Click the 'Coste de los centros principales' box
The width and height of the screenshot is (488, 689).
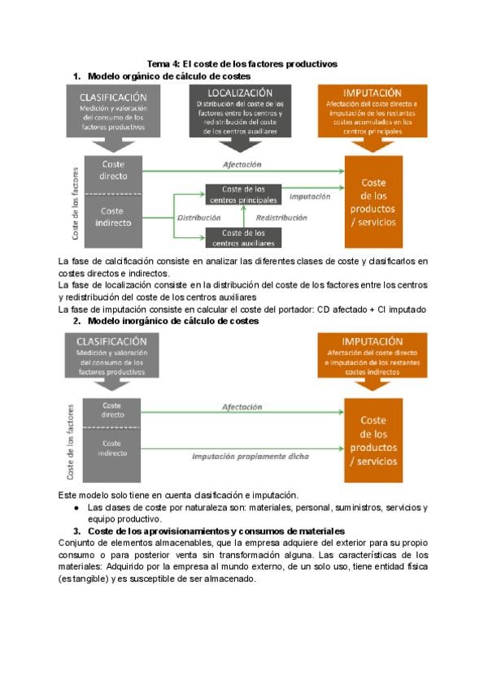point(243,194)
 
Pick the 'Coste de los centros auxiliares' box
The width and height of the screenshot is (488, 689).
point(243,237)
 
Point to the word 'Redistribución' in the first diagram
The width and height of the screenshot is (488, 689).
point(281,218)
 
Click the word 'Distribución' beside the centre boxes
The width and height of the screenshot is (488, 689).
point(199,218)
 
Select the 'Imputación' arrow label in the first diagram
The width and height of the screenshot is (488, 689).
point(310,196)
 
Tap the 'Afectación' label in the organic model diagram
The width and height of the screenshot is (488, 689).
point(242,164)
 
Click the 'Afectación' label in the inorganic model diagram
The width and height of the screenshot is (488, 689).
point(242,407)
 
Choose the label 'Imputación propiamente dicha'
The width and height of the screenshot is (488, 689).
point(251,456)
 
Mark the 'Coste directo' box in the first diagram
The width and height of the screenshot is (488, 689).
point(112,170)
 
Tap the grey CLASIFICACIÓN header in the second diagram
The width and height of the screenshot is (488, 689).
point(112,354)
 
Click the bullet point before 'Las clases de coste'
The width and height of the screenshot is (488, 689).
point(76,508)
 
